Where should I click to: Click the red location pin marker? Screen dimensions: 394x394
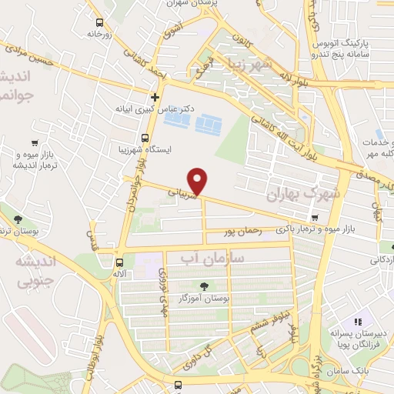point(199,181)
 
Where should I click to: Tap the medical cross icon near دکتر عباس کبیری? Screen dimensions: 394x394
point(155,97)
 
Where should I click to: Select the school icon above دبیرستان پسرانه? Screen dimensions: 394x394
point(357,322)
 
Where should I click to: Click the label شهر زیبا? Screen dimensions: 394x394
point(265,67)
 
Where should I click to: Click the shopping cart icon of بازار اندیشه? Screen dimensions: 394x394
point(34,143)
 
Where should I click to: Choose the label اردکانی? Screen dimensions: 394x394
point(376,260)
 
